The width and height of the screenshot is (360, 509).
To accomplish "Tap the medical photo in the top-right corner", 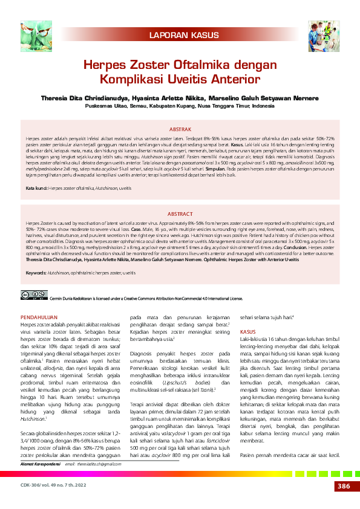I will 326,34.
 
